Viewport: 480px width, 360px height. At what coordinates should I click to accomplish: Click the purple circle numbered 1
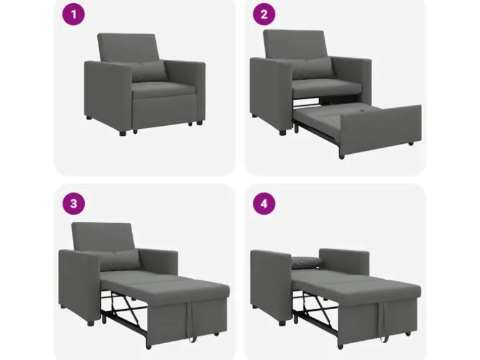tap(74, 14)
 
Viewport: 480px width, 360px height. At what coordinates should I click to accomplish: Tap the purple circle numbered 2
tap(264, 14)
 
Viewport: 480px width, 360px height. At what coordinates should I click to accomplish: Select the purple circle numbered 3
tap(74, 204)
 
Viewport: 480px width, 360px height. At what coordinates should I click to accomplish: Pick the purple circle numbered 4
tap(264, 204)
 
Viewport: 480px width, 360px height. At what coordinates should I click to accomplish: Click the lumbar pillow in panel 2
tap(312, 68)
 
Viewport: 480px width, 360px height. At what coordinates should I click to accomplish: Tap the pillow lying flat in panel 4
tap(307, 262)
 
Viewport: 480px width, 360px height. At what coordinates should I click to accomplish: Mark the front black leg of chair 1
tap(122, 133)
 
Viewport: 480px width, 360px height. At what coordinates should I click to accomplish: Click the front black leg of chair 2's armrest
tap(282, 133)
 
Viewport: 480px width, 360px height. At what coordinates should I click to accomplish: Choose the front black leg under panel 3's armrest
tap(90, 323)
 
